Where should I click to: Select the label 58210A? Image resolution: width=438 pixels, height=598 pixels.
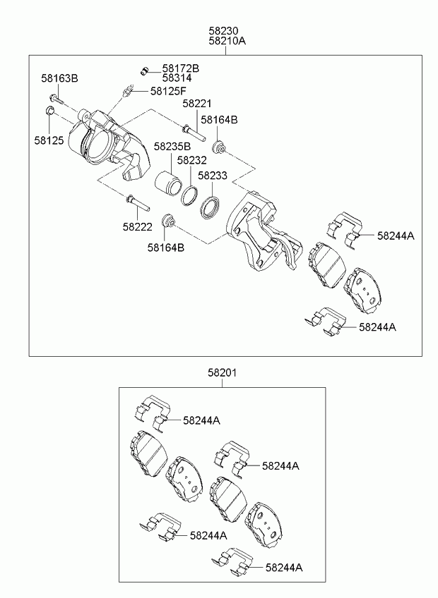[x=227, y=42]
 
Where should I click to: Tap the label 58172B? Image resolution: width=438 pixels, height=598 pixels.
[x=181, y=68]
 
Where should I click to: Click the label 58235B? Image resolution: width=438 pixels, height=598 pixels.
[x=174, y=147]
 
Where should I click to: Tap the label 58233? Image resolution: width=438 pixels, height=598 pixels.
[x=212, y=176]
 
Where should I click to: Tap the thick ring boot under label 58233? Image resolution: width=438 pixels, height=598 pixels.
[x=211, y=208]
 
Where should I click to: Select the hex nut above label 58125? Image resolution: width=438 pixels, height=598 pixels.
[x=49, y=111]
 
